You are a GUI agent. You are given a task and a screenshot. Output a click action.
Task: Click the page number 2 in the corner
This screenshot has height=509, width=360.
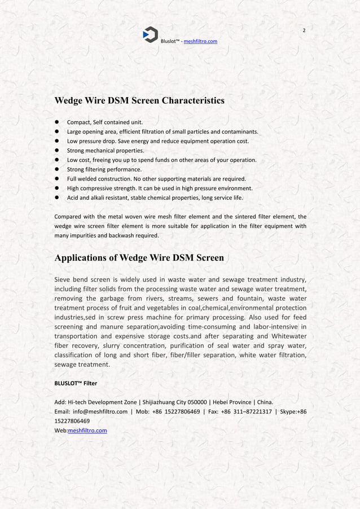[x=304, y=30]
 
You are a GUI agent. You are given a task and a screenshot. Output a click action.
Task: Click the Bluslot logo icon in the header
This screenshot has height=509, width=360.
[x=150, y=34]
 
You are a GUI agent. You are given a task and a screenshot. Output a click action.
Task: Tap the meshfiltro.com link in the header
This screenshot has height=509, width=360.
[x=197, y=41]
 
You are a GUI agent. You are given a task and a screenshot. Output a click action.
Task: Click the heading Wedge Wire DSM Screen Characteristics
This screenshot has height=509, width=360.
[x=139, y=101]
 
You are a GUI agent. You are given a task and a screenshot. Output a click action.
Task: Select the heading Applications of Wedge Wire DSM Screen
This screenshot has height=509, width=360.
[x=139, y=258]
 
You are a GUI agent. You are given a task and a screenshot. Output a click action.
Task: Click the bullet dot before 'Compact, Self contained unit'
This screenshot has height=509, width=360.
[x=57, y=122]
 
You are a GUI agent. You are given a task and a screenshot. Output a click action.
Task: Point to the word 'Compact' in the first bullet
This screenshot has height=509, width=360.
[x=78, y=122]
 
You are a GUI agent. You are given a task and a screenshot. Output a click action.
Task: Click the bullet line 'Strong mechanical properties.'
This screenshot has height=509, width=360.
[x=106, y=151]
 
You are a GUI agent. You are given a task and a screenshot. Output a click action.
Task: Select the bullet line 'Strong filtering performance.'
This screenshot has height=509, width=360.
[x=104, y=169]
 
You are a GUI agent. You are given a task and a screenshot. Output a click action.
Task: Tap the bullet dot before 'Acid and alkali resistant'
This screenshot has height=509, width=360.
[x=57, y=198]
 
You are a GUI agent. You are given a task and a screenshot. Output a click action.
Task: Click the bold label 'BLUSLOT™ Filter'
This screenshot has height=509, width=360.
[x=75, y=383]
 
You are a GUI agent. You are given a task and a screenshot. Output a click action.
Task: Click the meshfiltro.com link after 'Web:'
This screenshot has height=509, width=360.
[x=87, y=431]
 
